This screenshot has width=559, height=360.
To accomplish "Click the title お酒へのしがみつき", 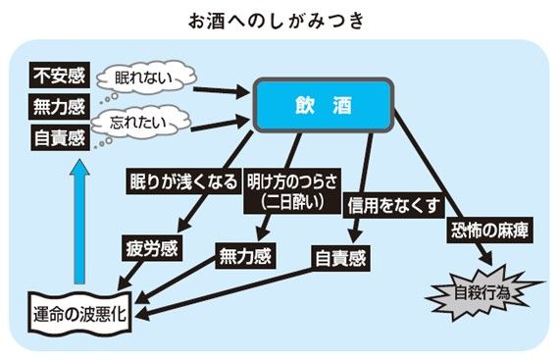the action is [x=277, y=21].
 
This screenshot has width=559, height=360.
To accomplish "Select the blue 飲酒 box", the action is [x=324, y=105].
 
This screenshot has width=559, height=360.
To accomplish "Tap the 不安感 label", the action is [x=59, y=75].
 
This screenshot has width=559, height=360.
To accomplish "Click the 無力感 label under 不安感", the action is [x=59, y=107].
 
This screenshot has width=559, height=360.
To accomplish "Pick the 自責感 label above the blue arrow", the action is [x=60, y=137].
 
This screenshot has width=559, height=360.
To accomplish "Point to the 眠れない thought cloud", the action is [x=146, y=77].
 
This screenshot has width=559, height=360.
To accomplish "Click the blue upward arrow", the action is [x=79, y=222].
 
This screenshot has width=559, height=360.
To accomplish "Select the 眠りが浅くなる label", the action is [x=183, y=181].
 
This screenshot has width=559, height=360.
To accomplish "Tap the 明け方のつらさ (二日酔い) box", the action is [x=292, y=191].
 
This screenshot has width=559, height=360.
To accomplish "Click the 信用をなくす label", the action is [x=393, y=205].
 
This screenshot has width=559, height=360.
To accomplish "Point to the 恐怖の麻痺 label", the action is [x=489, y=230].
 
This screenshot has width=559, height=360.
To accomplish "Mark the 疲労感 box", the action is [x=152, y=248].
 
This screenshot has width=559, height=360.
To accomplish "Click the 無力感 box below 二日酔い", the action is [x=245, y=256].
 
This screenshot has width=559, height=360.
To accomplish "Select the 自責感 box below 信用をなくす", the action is [x=341, y=258].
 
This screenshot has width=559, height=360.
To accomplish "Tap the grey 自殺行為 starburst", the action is [x=483, y=293].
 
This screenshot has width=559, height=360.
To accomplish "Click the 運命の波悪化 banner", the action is [x=79, y=314].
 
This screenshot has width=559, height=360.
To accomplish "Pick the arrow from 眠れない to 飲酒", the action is [x=222, y=91].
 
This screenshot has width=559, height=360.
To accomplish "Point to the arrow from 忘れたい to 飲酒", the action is [x=220, y=124].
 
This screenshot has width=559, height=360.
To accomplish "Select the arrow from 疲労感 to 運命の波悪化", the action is [x=131, y=275].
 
